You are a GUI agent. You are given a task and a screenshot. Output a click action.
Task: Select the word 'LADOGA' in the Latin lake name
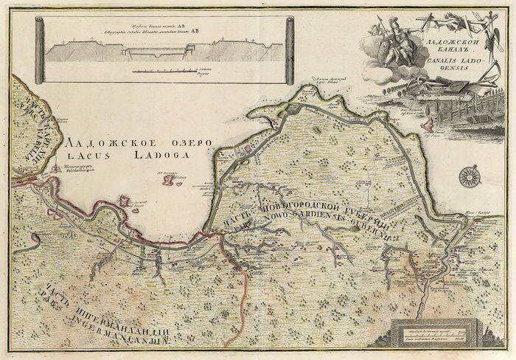(155, 156)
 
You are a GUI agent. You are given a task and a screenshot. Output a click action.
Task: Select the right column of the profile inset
(290, 50)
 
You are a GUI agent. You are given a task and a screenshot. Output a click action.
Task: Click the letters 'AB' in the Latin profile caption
(195, 32)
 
